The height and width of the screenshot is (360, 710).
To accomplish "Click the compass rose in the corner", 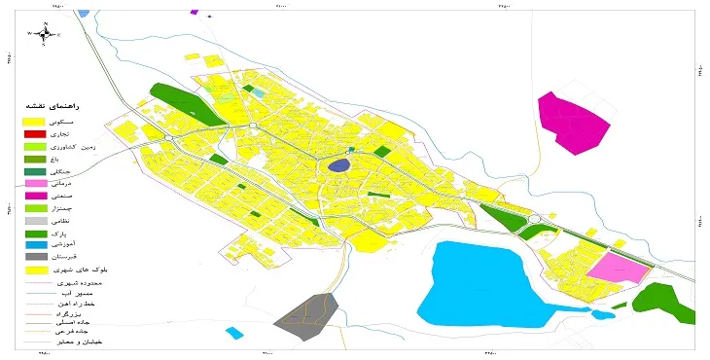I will point(44,33).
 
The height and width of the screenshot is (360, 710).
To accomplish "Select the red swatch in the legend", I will point(35,133).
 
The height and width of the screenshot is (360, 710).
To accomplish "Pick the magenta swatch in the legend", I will point(35,196).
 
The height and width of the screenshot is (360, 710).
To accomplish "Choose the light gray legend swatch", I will point(35,221).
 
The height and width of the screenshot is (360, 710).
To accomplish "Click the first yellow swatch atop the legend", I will point(35,121).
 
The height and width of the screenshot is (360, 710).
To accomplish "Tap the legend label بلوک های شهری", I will point(84,270).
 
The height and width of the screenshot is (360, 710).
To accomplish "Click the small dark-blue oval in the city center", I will point(337,166).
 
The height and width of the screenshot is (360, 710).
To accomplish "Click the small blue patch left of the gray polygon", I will point(234,333).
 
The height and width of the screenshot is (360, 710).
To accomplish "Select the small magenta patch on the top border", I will point(195,12).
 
